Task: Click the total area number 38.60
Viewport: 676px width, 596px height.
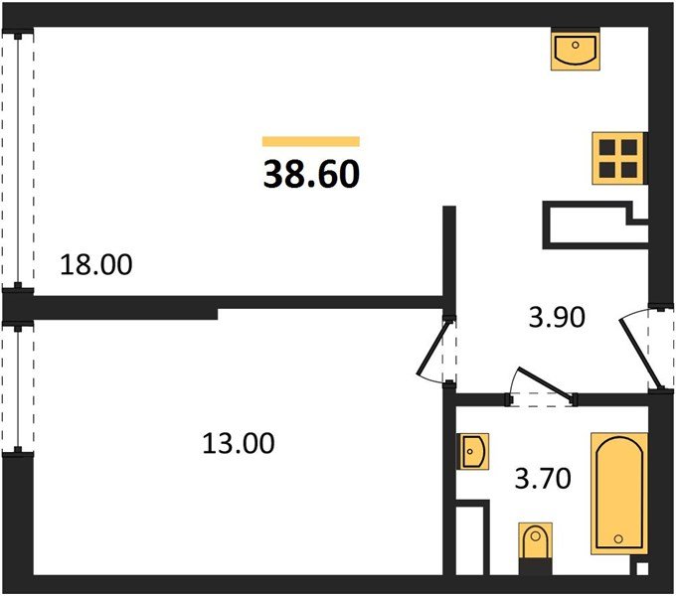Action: pos(311,175)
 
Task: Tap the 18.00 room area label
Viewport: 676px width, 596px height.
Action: pos(96,264)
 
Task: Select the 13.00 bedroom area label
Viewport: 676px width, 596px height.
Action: pos(238,443)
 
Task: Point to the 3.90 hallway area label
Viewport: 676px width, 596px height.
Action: pos(557,317)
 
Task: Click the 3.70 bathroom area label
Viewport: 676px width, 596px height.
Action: pos(543,478)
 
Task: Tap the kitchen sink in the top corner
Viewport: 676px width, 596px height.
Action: pos(576,49)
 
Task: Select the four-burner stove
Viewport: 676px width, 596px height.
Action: pos(619,159)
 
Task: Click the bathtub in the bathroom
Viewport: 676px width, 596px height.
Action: pos(619,493)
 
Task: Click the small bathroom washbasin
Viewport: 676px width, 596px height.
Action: pos(473,451)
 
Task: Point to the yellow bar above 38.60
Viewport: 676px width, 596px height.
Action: pos(311,141)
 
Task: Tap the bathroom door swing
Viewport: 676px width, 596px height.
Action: pos(542,386)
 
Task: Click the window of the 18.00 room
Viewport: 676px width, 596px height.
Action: pos(18,162)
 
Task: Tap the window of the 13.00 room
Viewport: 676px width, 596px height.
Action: pos(18,387)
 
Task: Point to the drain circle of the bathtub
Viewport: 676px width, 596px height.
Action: pos(618,538)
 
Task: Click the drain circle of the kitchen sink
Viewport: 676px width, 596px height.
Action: pos(576,45)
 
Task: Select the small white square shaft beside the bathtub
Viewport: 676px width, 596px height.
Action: pos(642,568)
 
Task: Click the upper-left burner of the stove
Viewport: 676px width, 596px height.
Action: pos(607,148)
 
